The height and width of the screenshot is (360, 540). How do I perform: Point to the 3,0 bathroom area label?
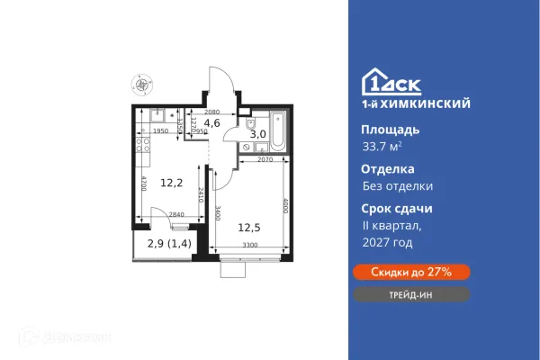(257, 134)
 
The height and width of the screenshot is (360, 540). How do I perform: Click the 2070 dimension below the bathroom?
(265, 159)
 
